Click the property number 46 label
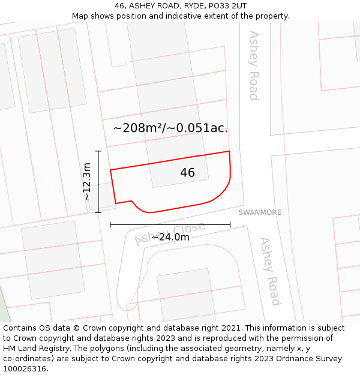coord(187,173)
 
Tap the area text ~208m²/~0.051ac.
coord(170,128)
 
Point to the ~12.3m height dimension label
coord(87,181)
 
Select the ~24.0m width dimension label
coord(170,237)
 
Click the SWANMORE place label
coord(260,212)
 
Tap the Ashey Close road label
coord(169,233)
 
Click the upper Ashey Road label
coord(254,65)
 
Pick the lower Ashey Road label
coord(270,271)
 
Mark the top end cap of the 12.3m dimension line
coord(98,151)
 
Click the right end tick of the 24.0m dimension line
coord(230,225)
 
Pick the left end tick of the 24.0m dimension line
coord(110,225)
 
